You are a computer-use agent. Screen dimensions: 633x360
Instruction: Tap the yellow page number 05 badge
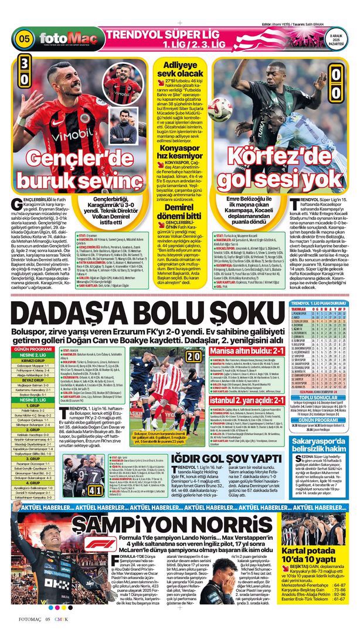pyautogui.click(x=24, y=39)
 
